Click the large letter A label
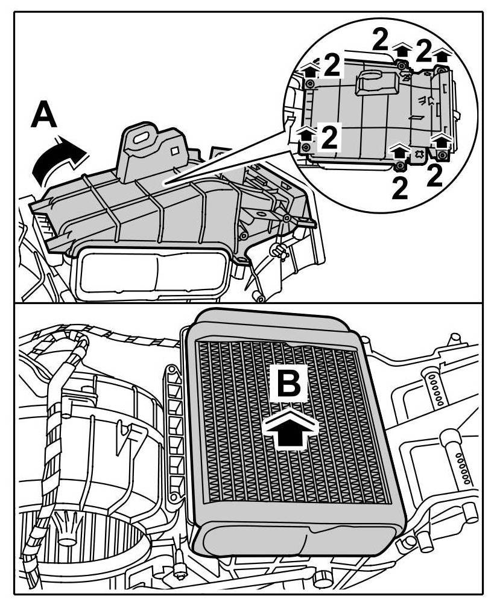pos(44,115)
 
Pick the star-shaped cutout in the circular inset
pos(416,154)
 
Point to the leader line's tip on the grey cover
pos(165,180)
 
